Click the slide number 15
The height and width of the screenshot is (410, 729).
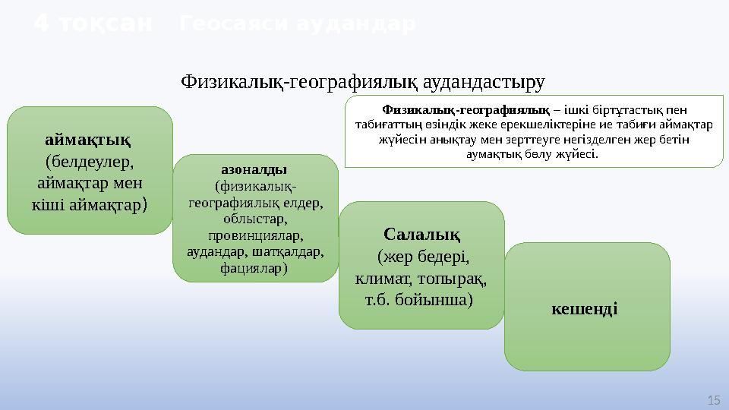pyautogui.click(x=712, y=399)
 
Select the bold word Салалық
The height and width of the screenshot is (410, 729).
pyautogui.click(x=421, y=233)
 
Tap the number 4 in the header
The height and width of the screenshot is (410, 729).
pyautogui.click(x=43, y=25)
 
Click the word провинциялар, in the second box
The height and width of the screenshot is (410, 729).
pyautogui.click(x=255, y=235)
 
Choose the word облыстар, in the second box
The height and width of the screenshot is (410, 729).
pyautogui.click(x=255, y=219)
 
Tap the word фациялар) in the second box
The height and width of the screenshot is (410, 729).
pyautogui.click(x=255, y=267)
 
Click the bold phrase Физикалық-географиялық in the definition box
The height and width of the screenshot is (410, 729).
pyautogui.click(x=465, y=109)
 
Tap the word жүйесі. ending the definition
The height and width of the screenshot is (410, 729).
pyautogui.click(x=574, y=154)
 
